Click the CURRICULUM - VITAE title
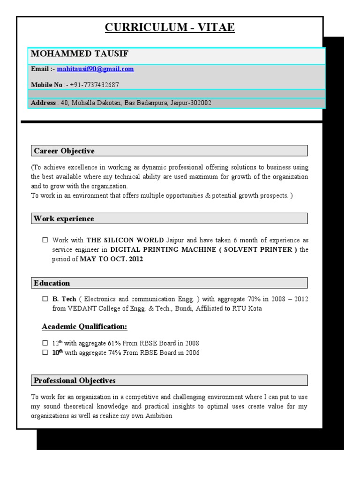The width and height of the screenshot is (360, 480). point(169,28)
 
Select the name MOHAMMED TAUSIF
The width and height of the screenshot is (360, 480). point(79,54)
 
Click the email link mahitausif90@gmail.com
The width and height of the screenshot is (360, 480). point(95,69)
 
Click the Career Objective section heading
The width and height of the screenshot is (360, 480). point(64,151)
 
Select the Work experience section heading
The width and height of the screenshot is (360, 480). point(64,219)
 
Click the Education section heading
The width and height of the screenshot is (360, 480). point(52,283)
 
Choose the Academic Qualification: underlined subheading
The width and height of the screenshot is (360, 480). point(84,326)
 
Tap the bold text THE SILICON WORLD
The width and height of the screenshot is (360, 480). point(125,240)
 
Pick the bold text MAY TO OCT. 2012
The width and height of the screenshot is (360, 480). point(112,259)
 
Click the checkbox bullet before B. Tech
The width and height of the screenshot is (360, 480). point(45,299)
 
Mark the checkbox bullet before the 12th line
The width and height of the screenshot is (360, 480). point(45,343)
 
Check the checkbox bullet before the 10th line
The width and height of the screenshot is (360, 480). point(45,352)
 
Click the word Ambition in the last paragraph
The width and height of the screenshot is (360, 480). point(159,416)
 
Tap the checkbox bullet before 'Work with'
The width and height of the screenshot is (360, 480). point(45,240)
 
